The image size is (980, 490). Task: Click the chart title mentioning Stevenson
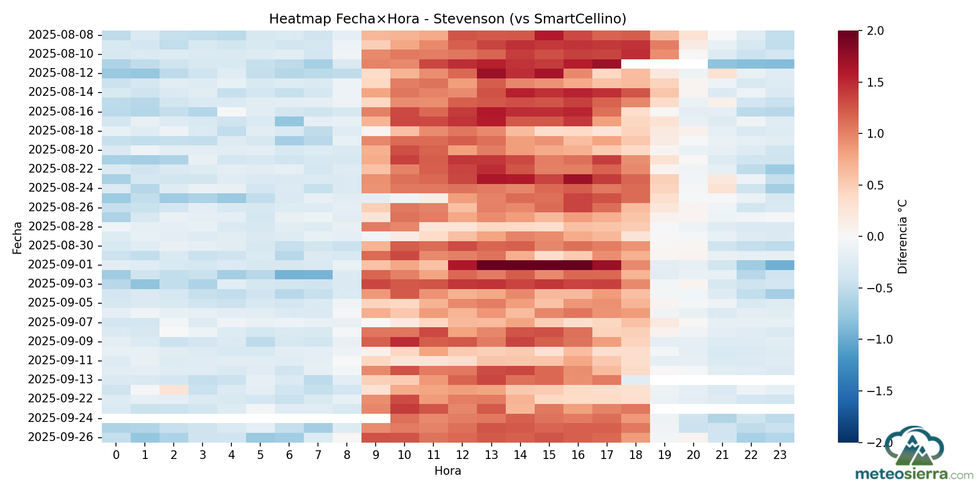[448, 19]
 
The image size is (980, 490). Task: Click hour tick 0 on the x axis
[116, 455]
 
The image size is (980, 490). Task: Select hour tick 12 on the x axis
[462, 455]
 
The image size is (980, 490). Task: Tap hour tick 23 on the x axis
[780, 455]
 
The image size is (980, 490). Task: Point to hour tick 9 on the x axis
[376, 455]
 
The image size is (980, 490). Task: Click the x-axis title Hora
[448, 471]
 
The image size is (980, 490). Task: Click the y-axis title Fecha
[17, 237]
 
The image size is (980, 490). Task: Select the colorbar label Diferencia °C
[903, 237]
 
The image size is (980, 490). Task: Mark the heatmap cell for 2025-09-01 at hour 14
[520, 265]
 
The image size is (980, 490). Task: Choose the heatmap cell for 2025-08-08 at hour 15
[549, 35]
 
